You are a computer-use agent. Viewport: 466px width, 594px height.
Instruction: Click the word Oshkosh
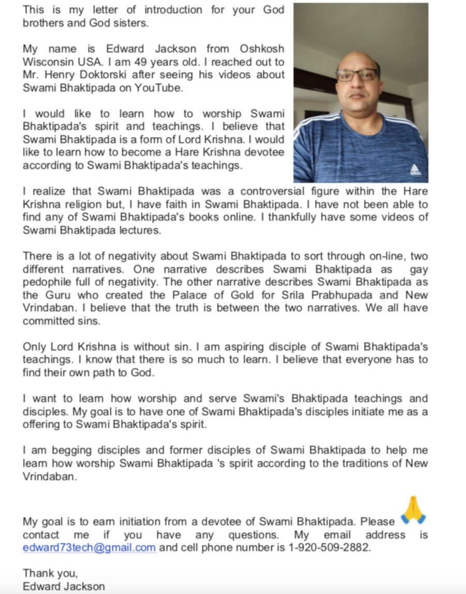pos(262,49)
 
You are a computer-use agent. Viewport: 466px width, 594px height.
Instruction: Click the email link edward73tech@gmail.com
pos(89,547)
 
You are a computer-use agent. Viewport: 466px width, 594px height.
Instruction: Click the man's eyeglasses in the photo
pos(357,75)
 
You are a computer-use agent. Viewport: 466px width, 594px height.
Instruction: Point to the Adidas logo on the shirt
pos(415,169)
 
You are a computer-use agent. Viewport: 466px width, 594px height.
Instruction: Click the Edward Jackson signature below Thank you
pos(64,586)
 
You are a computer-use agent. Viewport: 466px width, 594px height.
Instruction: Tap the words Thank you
pos(50,573)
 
